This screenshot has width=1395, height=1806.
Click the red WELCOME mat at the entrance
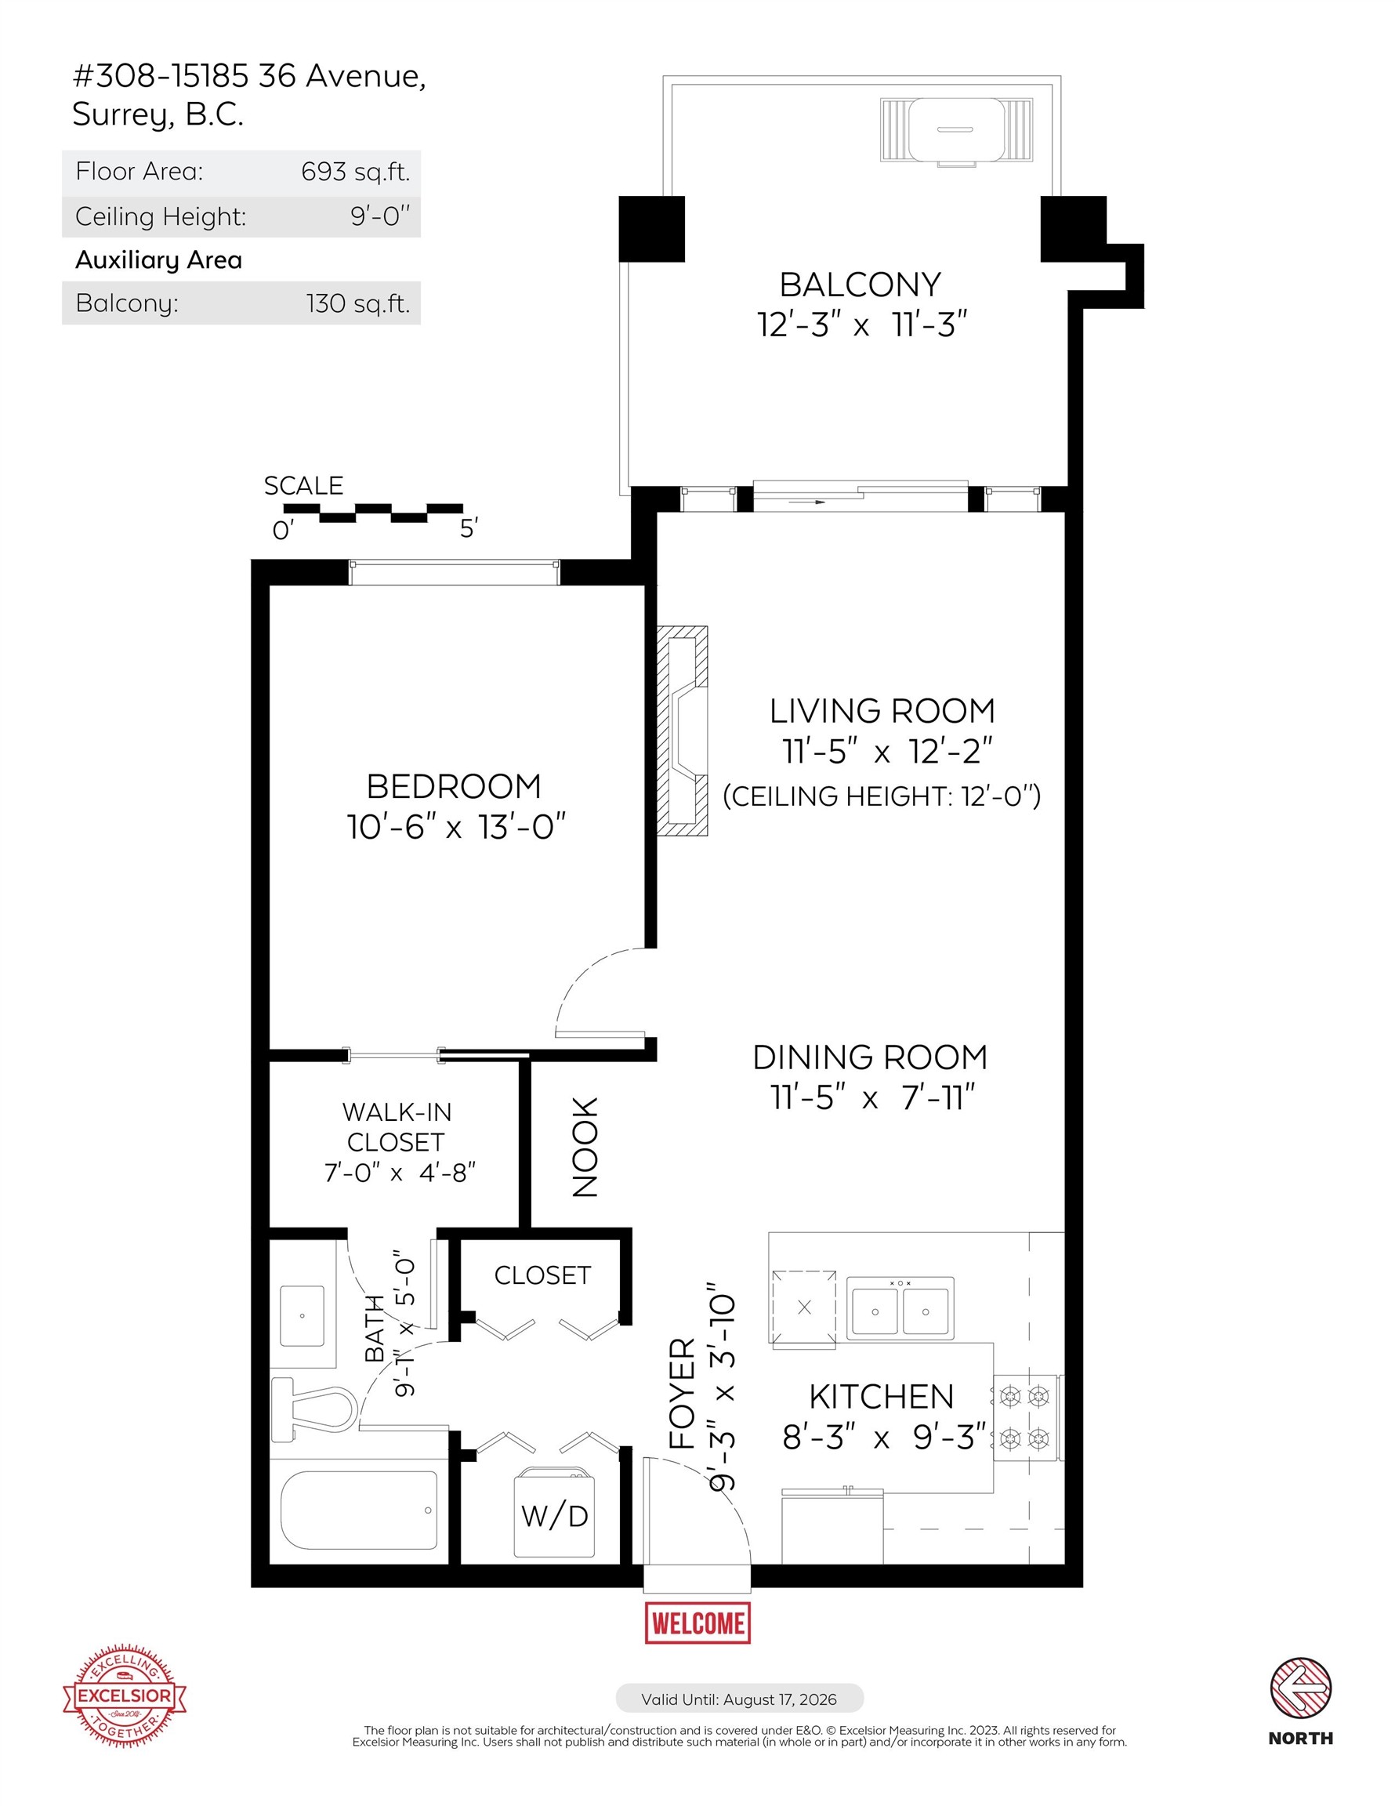[697, 1623]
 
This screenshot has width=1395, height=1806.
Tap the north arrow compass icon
[1300, 1688]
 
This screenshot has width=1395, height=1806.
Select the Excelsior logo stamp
[124, 1695]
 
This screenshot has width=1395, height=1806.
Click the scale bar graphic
[373, 513]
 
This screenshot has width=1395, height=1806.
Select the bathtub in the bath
[359, 1510]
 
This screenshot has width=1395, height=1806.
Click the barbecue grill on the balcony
[956, 130]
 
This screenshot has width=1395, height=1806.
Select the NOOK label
[585, 1146]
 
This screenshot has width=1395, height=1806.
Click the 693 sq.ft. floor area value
[356, 172]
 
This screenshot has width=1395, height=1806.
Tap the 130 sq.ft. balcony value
[358, 303]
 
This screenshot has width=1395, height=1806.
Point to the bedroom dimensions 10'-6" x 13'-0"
[455, 827]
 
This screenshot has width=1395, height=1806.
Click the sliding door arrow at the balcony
[807, 501]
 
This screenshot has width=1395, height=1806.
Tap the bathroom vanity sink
[302, 1315]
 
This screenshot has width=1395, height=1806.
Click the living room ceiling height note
[882, 796]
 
